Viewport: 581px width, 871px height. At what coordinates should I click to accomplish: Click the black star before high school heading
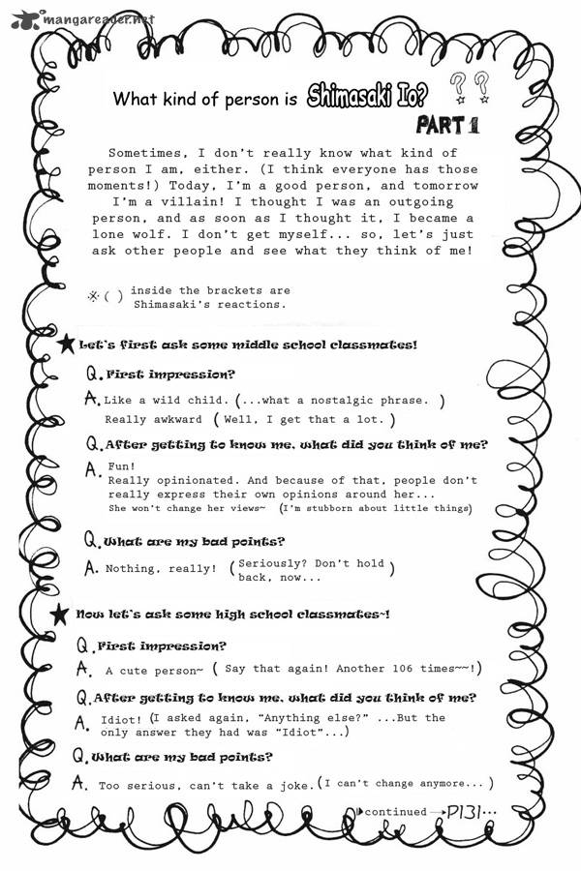(x=62, y=614)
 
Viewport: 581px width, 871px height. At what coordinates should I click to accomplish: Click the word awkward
(x=177, y=419)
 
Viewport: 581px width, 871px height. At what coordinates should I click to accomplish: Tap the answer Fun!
(x=120, y=466)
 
